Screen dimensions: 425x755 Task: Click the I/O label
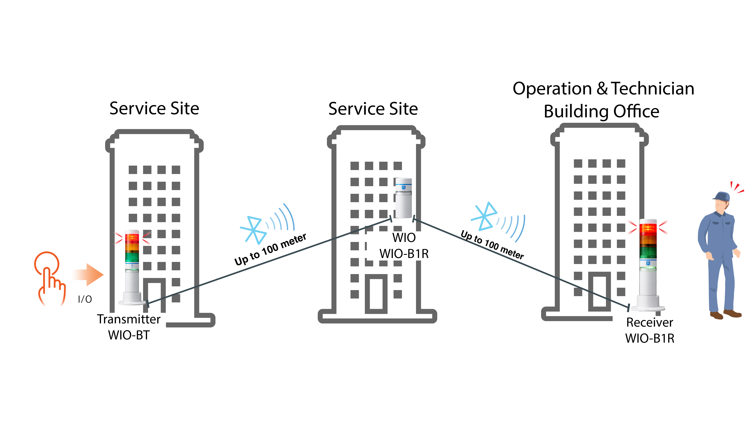85,299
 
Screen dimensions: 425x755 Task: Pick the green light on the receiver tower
648,252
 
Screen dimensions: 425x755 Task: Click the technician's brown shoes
725,314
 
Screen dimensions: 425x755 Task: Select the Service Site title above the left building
154,109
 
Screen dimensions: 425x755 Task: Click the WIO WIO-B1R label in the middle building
404,246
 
